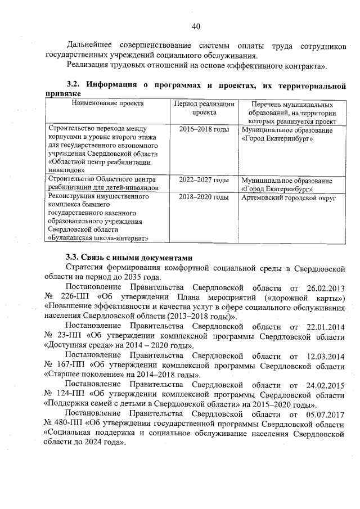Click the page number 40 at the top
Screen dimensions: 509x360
(196, 26)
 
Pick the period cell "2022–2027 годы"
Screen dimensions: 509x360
(204, 181)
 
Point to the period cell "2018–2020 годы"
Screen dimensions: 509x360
(204, 197)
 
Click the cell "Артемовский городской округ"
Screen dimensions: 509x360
(289, 198)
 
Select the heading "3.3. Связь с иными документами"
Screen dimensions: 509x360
(129, 256)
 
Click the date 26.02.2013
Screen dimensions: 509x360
(323, 287)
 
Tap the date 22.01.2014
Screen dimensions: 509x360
(323, 327)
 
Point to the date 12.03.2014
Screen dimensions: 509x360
(323, 356)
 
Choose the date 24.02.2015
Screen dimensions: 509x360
(323, 385)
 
